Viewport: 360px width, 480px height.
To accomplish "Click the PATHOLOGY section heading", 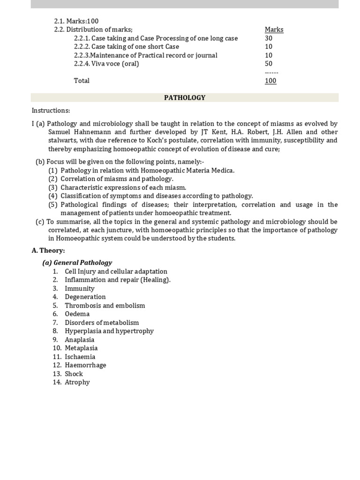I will pos(185,97).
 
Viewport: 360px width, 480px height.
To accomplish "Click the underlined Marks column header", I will pos(274,30).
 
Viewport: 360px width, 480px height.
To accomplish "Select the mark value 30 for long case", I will pos(269,38).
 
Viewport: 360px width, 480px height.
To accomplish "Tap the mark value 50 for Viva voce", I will pos(269,64).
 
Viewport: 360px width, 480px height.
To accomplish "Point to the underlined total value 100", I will pos(270,81).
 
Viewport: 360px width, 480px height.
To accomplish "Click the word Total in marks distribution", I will pos(82,81).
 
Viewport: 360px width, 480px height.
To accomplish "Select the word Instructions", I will pos(51,111).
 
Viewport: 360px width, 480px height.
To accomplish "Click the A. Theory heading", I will pos(48,250).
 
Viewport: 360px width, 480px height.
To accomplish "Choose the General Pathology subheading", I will pos(77,262).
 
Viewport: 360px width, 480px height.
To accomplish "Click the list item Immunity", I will pos(79,288).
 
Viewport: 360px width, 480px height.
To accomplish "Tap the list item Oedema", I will pos(77,314).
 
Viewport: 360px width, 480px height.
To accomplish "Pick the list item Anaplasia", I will pos(79,339).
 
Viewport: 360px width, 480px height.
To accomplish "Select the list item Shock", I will pos(74,374).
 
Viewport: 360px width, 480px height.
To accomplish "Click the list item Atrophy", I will pos(77,382).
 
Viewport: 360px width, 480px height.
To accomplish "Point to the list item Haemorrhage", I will pos(85,365).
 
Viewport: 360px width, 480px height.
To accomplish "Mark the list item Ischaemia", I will pos(80,357).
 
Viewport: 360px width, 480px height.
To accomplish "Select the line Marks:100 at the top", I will pos(76,21).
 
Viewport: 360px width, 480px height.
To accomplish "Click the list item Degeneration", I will pos(85,297).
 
